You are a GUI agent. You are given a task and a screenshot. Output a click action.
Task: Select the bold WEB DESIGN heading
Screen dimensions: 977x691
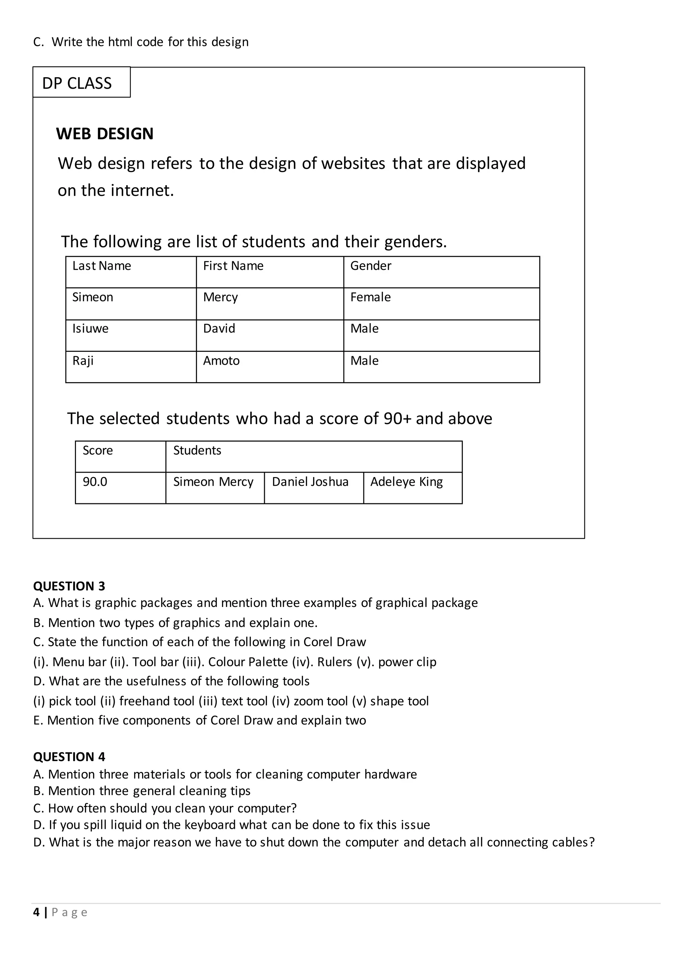point(105,134)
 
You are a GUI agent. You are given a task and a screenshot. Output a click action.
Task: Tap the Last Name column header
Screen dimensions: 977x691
point(131,272)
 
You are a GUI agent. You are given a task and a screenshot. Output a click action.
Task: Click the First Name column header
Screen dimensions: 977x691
point(270,272)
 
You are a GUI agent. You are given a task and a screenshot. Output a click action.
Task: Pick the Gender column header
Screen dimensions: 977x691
point(441,272)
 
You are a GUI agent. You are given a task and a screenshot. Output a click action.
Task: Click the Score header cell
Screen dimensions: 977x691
point(120,456)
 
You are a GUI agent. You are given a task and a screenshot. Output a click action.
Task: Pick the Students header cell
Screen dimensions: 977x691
point(313,456)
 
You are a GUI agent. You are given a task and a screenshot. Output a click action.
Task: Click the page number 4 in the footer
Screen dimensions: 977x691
point(36,912)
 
